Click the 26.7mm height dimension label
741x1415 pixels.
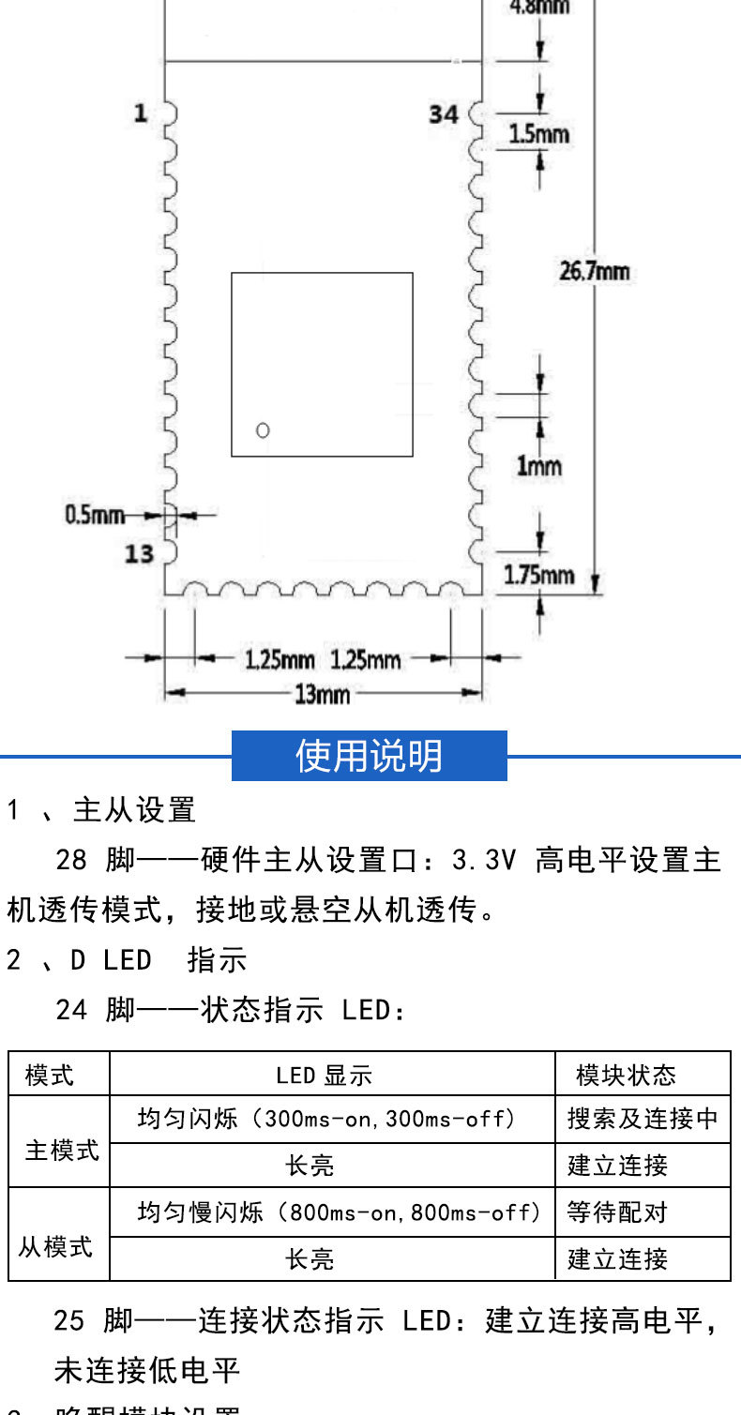[594, 272]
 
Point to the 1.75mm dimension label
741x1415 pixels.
[538, 574]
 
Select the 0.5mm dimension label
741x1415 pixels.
[94, 514]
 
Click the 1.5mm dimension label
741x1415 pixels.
[538, 134]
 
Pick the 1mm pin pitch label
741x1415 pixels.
[538, 465]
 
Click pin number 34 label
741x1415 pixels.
[444, 114]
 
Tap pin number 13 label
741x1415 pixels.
[139, 554]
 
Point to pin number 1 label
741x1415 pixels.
[140, 113]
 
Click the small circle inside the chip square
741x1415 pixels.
[263, 430]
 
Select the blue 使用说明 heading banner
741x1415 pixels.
[369, 756]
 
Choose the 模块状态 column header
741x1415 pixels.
[626, 1075]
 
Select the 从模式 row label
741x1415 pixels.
[55, 1247]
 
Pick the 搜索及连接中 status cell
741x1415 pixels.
[643, 1119]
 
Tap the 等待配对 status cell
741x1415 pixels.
[617, 1212]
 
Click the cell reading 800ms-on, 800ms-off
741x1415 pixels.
[340, 1212]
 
